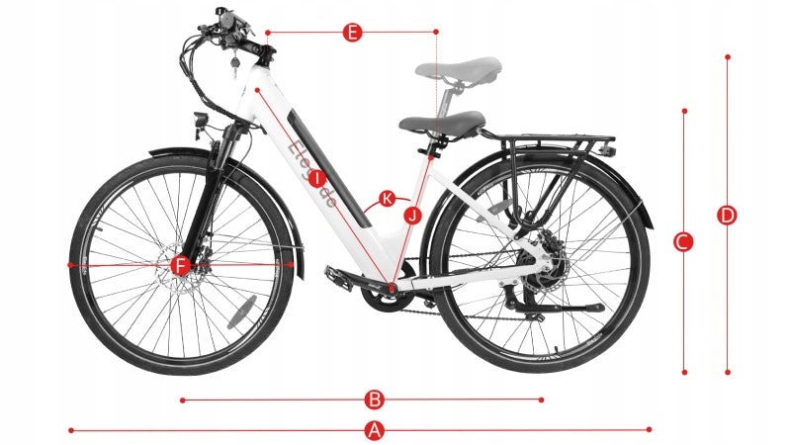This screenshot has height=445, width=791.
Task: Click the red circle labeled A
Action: click(x=374, y=430)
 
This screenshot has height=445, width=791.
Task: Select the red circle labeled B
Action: click(x=374, y=400)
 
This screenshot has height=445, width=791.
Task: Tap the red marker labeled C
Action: click(x=683, y=241)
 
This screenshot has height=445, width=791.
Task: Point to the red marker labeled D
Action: click(x=727, y=215)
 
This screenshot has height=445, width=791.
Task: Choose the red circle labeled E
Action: click(x=352, y=33)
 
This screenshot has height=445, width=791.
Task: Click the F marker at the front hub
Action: click(x=179, y=265)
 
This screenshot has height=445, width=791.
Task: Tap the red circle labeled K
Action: click(x=388, y=199)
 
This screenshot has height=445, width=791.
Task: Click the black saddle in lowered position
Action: click(x=442, y=124)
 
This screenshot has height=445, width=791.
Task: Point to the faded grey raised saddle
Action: click(x=459, y=69)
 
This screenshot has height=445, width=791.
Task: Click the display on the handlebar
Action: click(x=226, y=22)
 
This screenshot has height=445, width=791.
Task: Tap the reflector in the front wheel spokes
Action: click(x=241, y=312)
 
